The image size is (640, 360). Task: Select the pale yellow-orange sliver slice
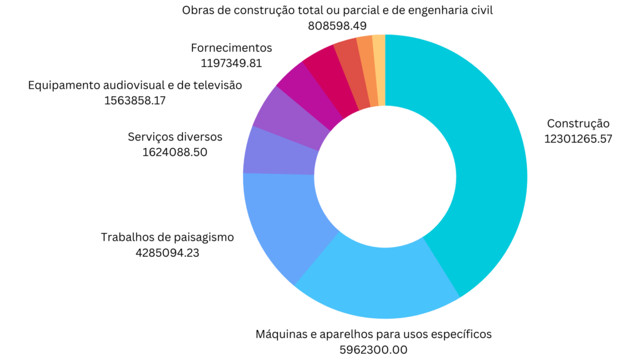pyautogui.click(x=379, y=69)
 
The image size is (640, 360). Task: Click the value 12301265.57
pyautogui.click(x=577, y=138)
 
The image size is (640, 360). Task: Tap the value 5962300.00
pyautogui.click(x=374, y=349)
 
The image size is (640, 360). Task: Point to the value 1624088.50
pyautogui.click(x=175, y=151)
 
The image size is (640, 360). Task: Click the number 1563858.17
pyautogui.click(x=135, y=100)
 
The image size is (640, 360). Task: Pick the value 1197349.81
pyautogui.click(x=231, y=62)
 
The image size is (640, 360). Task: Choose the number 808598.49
pyautogui.click(x=337, y=26)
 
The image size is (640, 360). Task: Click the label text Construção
pyautogui.click(x=577, y=123)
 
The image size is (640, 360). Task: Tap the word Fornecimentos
pyautogui.click(x=231, y=47)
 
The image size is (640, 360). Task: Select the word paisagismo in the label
pyautogui.click(x=203, y=237)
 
